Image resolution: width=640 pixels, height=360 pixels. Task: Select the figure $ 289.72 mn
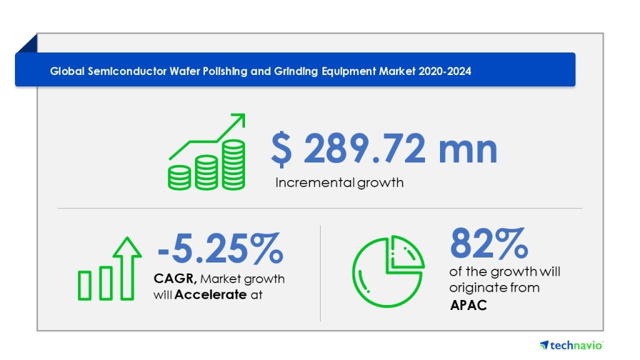(384, 149)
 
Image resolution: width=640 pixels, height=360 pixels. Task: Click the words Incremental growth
(339, 183)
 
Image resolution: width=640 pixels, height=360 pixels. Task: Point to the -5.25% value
(220, 247)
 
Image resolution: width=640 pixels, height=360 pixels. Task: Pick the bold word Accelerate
(210, 294)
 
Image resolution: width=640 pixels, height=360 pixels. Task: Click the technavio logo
(571, 345)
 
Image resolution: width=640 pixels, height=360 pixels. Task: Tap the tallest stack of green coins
(234, 164)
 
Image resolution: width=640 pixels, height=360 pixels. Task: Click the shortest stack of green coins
(179, 177)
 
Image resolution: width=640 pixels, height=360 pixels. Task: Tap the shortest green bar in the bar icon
(85, 286)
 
